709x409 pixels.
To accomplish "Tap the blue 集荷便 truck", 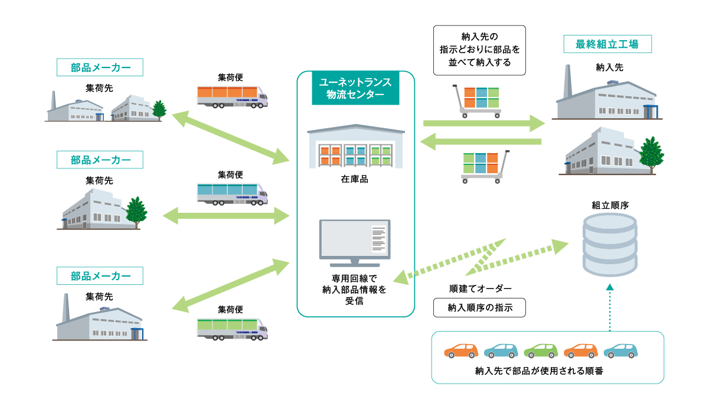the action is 233,194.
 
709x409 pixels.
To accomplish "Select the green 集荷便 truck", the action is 233,329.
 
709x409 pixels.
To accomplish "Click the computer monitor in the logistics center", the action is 354,243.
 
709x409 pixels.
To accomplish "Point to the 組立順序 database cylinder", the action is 610,245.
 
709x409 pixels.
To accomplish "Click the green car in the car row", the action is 541,350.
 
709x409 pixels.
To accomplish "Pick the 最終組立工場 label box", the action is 607,44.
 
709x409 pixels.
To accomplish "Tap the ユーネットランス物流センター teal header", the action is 355,87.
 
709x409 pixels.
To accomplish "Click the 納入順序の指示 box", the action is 479,307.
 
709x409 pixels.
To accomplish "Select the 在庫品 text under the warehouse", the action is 354,179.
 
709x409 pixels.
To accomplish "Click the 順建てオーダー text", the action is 480,288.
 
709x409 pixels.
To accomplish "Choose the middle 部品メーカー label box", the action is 100,160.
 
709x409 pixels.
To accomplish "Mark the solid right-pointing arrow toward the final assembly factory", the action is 484,124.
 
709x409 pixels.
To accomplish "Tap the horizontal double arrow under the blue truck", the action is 226,216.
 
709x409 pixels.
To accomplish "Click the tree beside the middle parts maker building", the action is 136,212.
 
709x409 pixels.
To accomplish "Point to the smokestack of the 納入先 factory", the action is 567,82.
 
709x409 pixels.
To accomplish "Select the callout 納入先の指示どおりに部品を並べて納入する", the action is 479,50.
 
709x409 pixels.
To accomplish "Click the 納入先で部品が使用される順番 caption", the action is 539,371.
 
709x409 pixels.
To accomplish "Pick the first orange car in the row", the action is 461,350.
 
